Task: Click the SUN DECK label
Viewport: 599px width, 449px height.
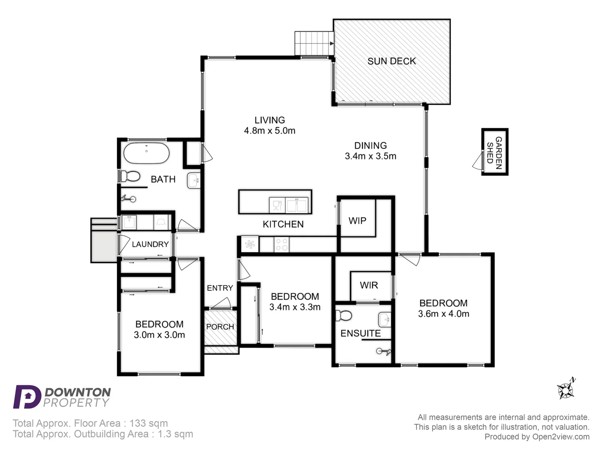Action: pyautogui.click(x=391, y=62)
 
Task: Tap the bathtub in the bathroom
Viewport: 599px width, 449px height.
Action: pyautogui.click(x=146, y=153)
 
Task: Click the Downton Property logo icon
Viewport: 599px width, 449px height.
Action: pyautogui.click(x=27, y=397)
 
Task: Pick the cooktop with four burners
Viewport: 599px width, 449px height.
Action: pyautogui.click(x=282, y=244)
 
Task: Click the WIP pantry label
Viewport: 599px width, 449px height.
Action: pyautogui.click(x=357, y=221)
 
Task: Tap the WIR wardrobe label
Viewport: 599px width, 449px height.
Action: pyautogui.click(x=369, y=285)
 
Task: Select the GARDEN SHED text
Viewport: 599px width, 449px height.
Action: pyautogui.click(x=495, y=153)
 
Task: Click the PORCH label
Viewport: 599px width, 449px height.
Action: pyautogui.click(x=220, y=327)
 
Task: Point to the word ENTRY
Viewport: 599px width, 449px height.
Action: pyautogui.click(x=220, y=288)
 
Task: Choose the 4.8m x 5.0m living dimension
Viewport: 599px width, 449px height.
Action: pyautogui.click(x=270, y=131)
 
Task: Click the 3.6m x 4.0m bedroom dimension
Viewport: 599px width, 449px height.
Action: pyautogui.click(x=443, y=314)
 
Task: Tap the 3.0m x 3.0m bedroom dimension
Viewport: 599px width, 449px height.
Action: pyautogui.click(x=159, y=335)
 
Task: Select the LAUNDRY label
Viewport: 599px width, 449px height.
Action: pyautogui.click(x=150, y=244)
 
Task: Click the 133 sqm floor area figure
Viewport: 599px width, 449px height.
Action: pyautogui.click(x=149, y=423)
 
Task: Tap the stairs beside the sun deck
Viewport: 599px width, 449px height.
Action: pyautogui.click(x=314, y=43)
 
